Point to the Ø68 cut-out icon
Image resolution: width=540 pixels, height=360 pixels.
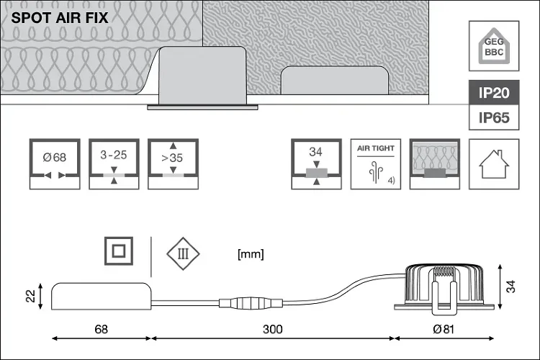pyautogui.click(x=54, y=163)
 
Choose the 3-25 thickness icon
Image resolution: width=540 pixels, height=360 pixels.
pyautogui.click(x=113, y=163)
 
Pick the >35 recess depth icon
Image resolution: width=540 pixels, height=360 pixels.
pyautogui.click(x=171, y=163)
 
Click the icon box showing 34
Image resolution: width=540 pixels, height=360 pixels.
pyautogui.click(x=315, y=163)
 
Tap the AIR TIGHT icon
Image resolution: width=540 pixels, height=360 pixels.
pyautogui.click(x=375, y=163)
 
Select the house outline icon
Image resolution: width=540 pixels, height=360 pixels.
pyautogui.click(x=493, y=163)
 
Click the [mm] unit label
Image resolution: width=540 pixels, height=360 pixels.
pyautogui.click(x=250, y=253)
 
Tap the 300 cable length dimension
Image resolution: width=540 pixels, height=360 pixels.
pyautogui.click(x=271, y=330)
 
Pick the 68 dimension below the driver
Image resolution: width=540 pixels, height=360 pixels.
pyautogui.click(x=101, y=330)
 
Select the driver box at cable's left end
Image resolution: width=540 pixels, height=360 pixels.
pyautogui.click(x=101, y=295)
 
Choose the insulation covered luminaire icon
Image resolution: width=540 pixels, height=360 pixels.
pyautogui.click(x=434, y=163)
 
